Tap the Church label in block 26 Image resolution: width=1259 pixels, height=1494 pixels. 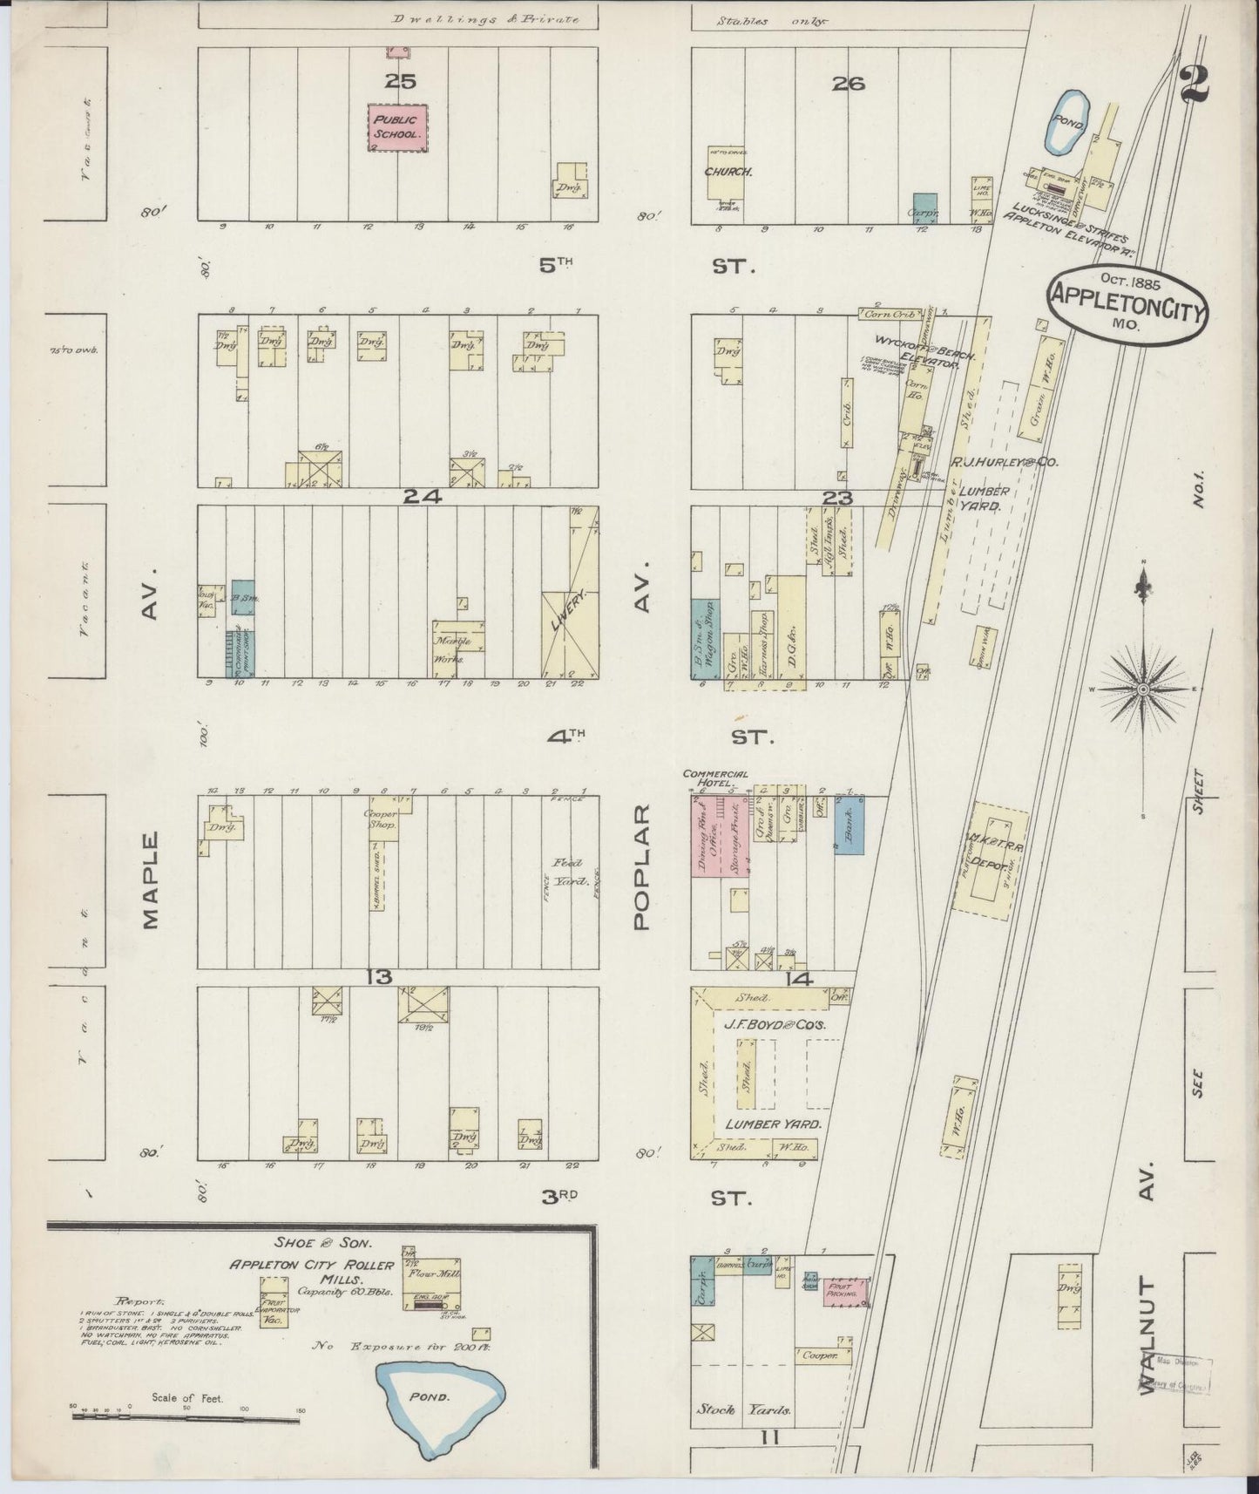point(728,172)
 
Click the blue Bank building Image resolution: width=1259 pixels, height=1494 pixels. point(849,824)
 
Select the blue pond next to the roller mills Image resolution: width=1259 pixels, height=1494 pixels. point(439,1398)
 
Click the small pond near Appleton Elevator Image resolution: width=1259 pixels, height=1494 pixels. point(1064,123)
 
